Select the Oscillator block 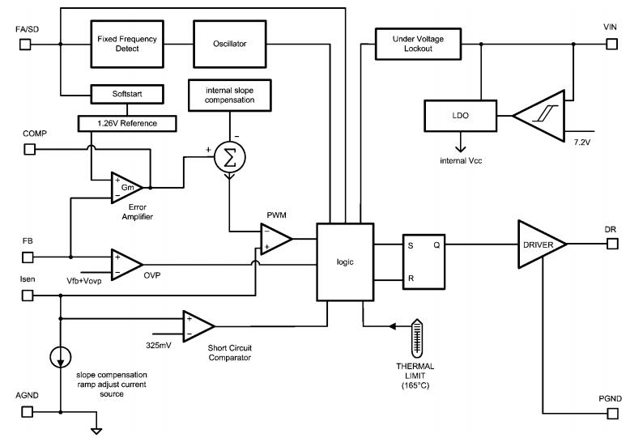(230, 43)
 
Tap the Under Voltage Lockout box (413, 43)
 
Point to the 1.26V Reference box (128, 123)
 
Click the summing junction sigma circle (229, 159)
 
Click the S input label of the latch (411, 244)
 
